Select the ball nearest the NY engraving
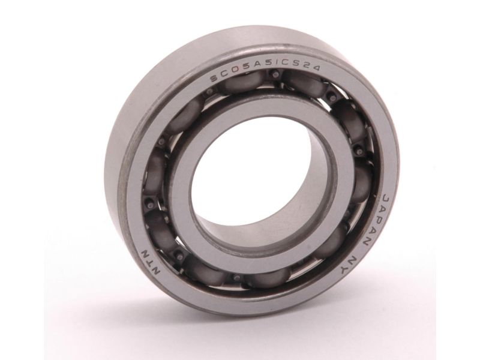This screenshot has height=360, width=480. point(327,243)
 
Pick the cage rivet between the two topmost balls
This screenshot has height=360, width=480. point(272,74)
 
